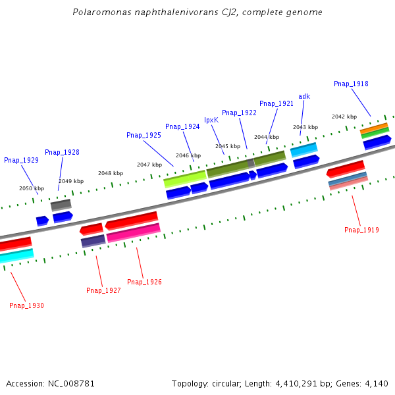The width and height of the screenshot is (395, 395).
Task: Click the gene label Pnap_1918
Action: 351,84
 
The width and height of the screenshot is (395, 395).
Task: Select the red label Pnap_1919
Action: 361,230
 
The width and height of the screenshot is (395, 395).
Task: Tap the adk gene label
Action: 304,96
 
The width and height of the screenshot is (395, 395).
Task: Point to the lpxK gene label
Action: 211,120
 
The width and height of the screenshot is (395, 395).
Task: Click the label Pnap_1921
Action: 276,103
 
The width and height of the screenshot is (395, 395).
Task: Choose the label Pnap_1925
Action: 144,135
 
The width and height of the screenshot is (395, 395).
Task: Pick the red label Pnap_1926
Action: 144,282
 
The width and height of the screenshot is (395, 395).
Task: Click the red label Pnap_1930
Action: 26,305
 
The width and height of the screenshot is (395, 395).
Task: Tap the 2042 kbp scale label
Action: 344,117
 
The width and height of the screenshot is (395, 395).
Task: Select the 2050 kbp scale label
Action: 32,188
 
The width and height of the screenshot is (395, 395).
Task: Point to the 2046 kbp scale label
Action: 188,155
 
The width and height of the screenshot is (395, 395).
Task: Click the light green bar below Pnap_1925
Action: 185,178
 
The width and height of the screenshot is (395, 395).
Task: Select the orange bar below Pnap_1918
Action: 374,127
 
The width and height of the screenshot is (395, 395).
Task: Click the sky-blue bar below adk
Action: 303,149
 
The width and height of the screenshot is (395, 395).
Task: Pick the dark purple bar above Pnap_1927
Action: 93,240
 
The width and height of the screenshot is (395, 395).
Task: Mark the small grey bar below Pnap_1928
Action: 61,204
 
